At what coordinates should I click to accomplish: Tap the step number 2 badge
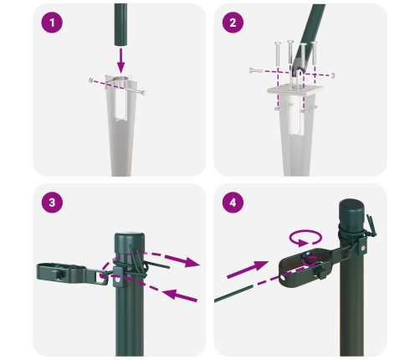click(x=233, y=23)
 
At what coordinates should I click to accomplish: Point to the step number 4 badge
click(x=233, y=203)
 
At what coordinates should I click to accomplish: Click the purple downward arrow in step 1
click(x=122, y=59)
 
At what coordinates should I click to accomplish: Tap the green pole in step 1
click(x=121, y=21)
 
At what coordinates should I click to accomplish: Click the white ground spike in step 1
click(x=122, y=126)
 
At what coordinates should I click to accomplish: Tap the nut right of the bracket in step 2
click(x=333, y=75)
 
